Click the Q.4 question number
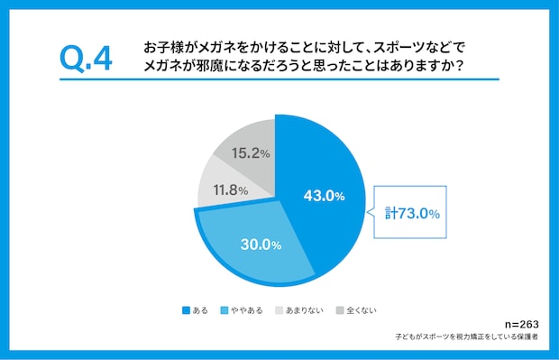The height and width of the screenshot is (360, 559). [x=86, y=59]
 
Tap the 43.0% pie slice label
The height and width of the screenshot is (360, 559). [x=324, y=196]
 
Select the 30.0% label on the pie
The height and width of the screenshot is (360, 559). [x=261, y=245]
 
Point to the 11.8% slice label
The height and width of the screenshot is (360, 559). [x=231, y=189]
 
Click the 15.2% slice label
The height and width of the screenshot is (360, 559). [x=251, y=153]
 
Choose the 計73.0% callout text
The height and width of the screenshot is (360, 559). [x=412, y=213]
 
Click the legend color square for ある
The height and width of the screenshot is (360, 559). [x=186, y=310]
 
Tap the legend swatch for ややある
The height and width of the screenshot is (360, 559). [x=225, y=310]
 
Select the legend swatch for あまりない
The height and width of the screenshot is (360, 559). [x=279, y=310]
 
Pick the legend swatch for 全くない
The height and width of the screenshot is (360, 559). [x=340, y=310]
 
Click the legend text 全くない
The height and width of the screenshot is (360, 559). [x=362, y=310]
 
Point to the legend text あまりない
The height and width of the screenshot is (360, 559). [x=305, y=310]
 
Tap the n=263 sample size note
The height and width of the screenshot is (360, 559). [x=521, y=324]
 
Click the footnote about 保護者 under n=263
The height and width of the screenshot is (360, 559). [x=466, y=337]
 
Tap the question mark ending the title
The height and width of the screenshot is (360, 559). [x=460, y=66]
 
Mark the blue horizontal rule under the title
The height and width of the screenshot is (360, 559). [x=279, y=79]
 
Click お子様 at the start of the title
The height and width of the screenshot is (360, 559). [x=163, y=47]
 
